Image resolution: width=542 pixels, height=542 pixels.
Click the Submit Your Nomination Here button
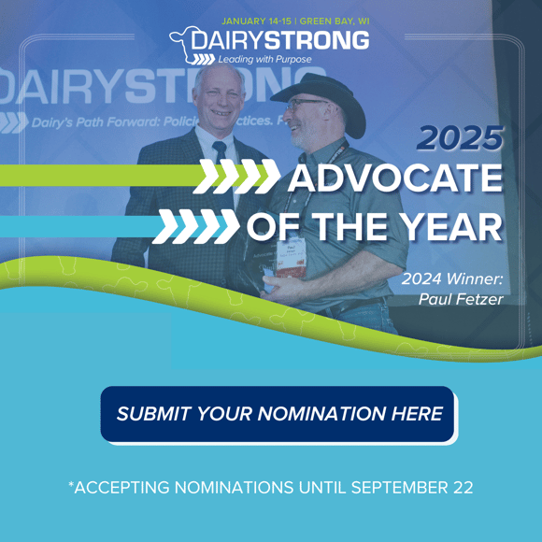tap(278, 413)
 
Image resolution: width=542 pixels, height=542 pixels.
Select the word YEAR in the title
tap(453, 226)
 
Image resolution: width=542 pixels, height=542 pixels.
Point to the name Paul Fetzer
tap(463, 300)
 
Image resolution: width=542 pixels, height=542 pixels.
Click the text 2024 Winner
tap(452, 278)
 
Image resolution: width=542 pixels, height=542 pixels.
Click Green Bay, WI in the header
tap(330, 21)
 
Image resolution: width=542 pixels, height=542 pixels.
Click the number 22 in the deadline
tap(462, 488)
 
